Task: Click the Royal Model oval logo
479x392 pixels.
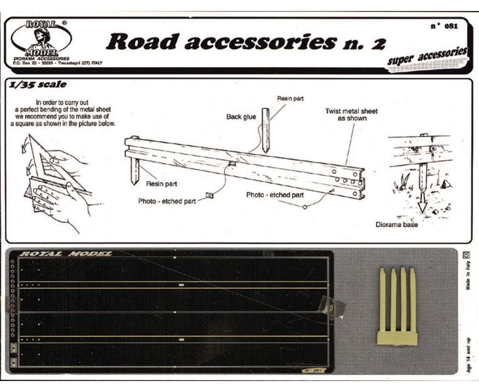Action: coord(41,38)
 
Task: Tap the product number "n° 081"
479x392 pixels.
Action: coord(444,26)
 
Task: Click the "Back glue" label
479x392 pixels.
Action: coord(241,117)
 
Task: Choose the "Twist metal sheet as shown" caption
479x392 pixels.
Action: coord(351,114)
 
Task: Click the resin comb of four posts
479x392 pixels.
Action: coord(397,307)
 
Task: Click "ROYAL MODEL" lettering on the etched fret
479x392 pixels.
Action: coord(66,254)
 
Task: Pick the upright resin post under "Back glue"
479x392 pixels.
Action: coord(265,130)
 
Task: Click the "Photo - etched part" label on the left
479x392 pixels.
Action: coord(167,201)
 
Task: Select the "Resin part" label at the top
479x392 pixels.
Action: coord(290,98)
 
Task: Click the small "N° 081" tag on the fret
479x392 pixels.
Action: coord(313,370)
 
